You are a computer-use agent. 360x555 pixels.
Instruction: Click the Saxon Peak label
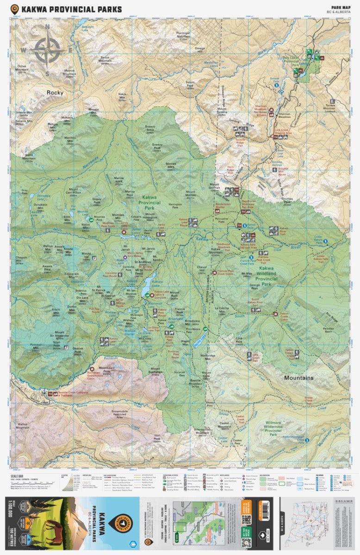point(190,86)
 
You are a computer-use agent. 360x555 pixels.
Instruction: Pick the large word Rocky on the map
point(55,92)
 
